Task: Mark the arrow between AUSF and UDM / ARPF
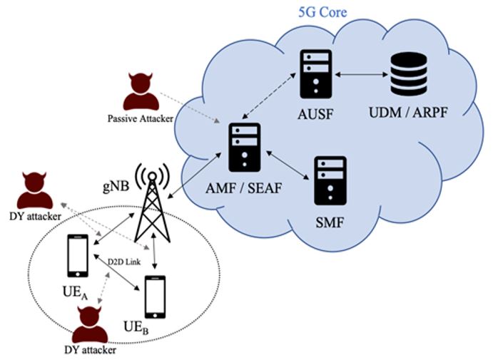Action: [x=360, y=74]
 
